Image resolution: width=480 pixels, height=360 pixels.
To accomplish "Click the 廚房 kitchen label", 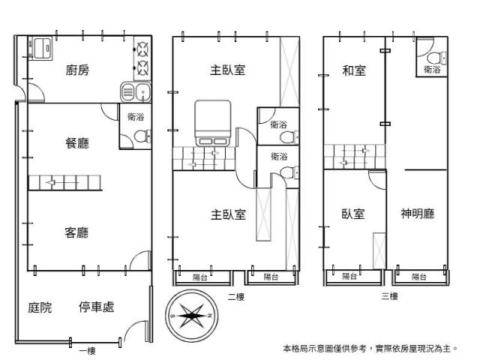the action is click(x=77, y=70).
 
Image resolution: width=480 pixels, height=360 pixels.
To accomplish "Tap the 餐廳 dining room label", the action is click(x=77, y=143).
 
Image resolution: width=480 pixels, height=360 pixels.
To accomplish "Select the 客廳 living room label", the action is click(x=76, y=232).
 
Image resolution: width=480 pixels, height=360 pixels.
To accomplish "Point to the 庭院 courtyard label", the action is click(x=40, y=307).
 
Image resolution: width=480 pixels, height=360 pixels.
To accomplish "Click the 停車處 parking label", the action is click(x=97, y=307).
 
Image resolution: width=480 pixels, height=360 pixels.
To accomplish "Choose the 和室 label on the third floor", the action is click(x=354, y=70).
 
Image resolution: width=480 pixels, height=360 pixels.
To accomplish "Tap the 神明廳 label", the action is click(x=418, y=213).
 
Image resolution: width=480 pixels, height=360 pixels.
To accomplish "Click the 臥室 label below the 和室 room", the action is click(x=353, y=214).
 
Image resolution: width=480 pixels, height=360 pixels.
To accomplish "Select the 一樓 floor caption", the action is click(x=88, y=351).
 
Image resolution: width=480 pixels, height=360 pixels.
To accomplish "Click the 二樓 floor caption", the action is click(x=236, y=297).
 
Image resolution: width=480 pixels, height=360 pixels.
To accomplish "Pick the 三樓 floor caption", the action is click(x=390, y=296).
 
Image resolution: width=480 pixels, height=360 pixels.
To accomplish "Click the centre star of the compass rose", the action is click(x=191, y=316).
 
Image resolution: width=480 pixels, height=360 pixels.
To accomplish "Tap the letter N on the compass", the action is click(x=210, y=316).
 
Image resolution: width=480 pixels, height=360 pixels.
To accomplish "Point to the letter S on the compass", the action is click(x=173, y=316).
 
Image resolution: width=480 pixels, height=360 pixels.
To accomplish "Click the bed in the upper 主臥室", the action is click(x=213, y=123).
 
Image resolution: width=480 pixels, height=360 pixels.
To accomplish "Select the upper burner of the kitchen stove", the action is click(x=142, y=49).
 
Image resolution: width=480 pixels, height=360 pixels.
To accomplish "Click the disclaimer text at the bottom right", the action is click(x=370, y=348).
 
